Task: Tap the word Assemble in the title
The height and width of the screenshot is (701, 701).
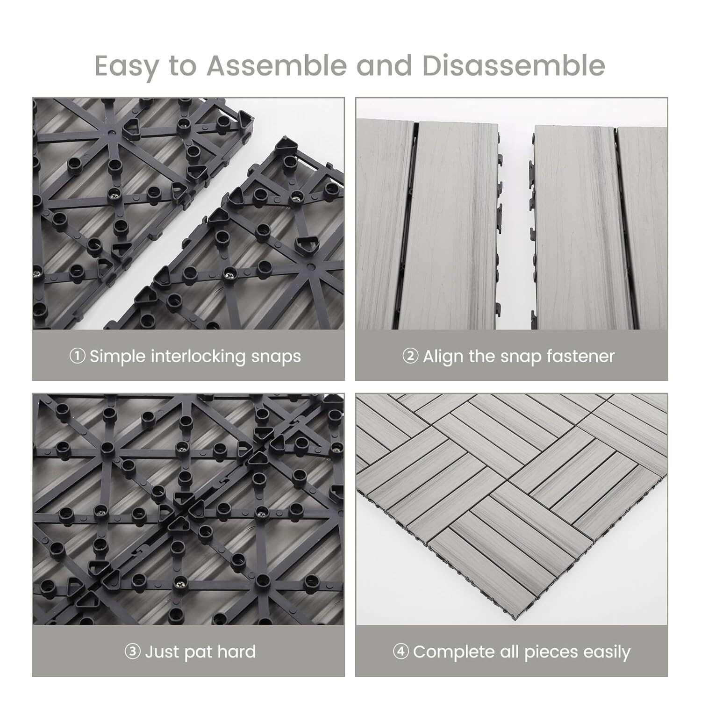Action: click(277, 65)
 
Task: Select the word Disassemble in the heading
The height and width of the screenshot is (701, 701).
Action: click(514, 65)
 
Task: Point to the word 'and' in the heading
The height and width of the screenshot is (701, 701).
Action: click(384, 65)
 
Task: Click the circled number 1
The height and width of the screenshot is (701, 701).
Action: click(77, 356)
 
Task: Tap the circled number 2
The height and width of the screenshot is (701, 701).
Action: click(410, 356)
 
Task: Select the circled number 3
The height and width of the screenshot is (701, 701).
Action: click(133, 651)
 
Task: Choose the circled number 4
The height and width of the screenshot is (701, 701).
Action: click(401, 651)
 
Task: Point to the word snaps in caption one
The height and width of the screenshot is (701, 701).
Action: click(276, 357)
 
